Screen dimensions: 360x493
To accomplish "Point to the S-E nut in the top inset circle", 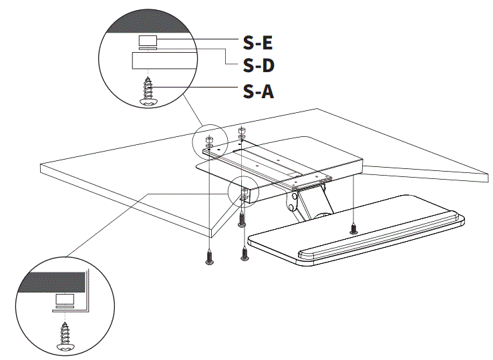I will [148, 42].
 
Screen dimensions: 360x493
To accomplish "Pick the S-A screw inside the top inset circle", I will [148, 91].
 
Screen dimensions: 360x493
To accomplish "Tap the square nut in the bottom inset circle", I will [65, 300].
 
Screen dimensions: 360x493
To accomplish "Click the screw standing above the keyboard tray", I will [353, 228].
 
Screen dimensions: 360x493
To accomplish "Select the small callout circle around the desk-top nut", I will [206, 138].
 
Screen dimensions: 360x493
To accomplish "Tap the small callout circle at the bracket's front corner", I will [242, 192].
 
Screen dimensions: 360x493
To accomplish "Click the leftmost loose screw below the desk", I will [209, 257].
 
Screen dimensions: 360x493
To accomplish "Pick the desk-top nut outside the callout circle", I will [242, 131].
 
